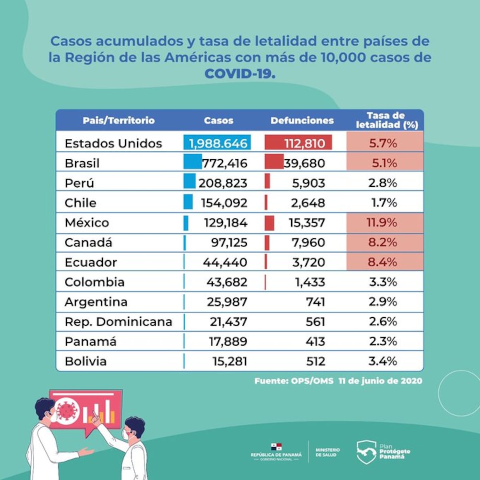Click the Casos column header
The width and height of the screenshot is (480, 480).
click(218, 120)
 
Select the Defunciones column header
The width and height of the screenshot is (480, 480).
click(302, 120)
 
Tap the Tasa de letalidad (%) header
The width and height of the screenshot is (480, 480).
click(386, 120)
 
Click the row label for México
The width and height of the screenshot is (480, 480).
click(87, 222)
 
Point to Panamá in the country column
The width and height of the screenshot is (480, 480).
click(90, 342)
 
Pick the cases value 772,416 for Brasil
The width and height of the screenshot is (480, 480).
click(224, 163)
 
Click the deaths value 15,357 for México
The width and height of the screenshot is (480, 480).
click(307, 223)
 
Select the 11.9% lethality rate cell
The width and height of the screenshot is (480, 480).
click(382, 222)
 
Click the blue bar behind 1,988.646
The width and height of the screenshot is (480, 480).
click(218, 143)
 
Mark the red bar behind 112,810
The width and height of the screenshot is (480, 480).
click(298, 143)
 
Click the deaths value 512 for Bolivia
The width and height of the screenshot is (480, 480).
click(316, 362)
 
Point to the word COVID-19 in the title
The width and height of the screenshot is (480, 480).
click(240, 74)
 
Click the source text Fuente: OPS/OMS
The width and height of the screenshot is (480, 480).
click(294, 381)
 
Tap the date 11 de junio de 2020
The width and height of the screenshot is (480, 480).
click(380, 381)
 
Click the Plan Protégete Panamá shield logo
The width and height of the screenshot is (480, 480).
click(366, 452)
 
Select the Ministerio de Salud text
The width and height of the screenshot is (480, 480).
click(328, 452)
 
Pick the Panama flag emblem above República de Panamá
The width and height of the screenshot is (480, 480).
click(276, 446)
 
